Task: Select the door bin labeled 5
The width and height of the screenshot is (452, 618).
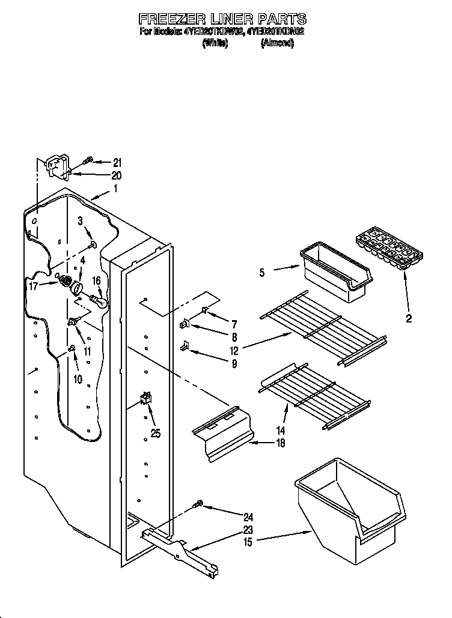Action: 334,269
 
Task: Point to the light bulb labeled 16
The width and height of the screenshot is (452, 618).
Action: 99,300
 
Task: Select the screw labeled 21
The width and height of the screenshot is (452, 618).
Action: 88,160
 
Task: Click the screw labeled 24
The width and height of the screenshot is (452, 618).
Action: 198,506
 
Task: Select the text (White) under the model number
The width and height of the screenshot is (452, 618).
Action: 215,43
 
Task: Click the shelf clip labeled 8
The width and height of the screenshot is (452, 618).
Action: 185,325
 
